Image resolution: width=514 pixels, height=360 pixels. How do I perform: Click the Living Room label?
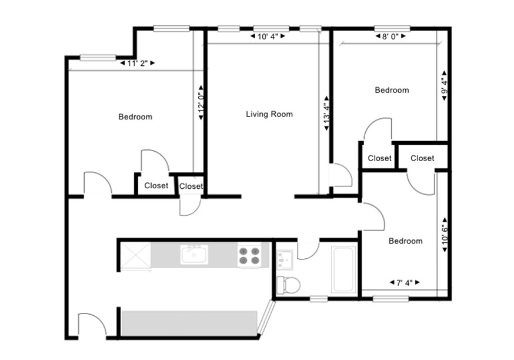269,114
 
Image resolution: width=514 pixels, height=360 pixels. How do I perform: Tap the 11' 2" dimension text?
137,63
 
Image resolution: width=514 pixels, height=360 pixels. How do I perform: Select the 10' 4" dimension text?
268,36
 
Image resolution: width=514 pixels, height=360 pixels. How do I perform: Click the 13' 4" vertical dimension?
325,110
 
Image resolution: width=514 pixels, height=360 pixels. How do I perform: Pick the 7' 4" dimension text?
405,283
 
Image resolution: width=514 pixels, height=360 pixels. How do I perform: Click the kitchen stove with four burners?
249,255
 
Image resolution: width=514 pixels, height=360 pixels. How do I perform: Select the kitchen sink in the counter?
193,255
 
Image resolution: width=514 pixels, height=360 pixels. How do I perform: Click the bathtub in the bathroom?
343,269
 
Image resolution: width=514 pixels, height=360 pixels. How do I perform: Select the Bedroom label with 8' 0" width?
392,90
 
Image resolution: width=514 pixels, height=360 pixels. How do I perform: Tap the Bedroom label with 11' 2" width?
135,116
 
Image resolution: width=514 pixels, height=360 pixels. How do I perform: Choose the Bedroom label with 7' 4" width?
405,241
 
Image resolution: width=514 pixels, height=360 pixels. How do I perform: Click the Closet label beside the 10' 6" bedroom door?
422,158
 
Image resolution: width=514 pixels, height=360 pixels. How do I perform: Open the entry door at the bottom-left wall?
91,326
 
